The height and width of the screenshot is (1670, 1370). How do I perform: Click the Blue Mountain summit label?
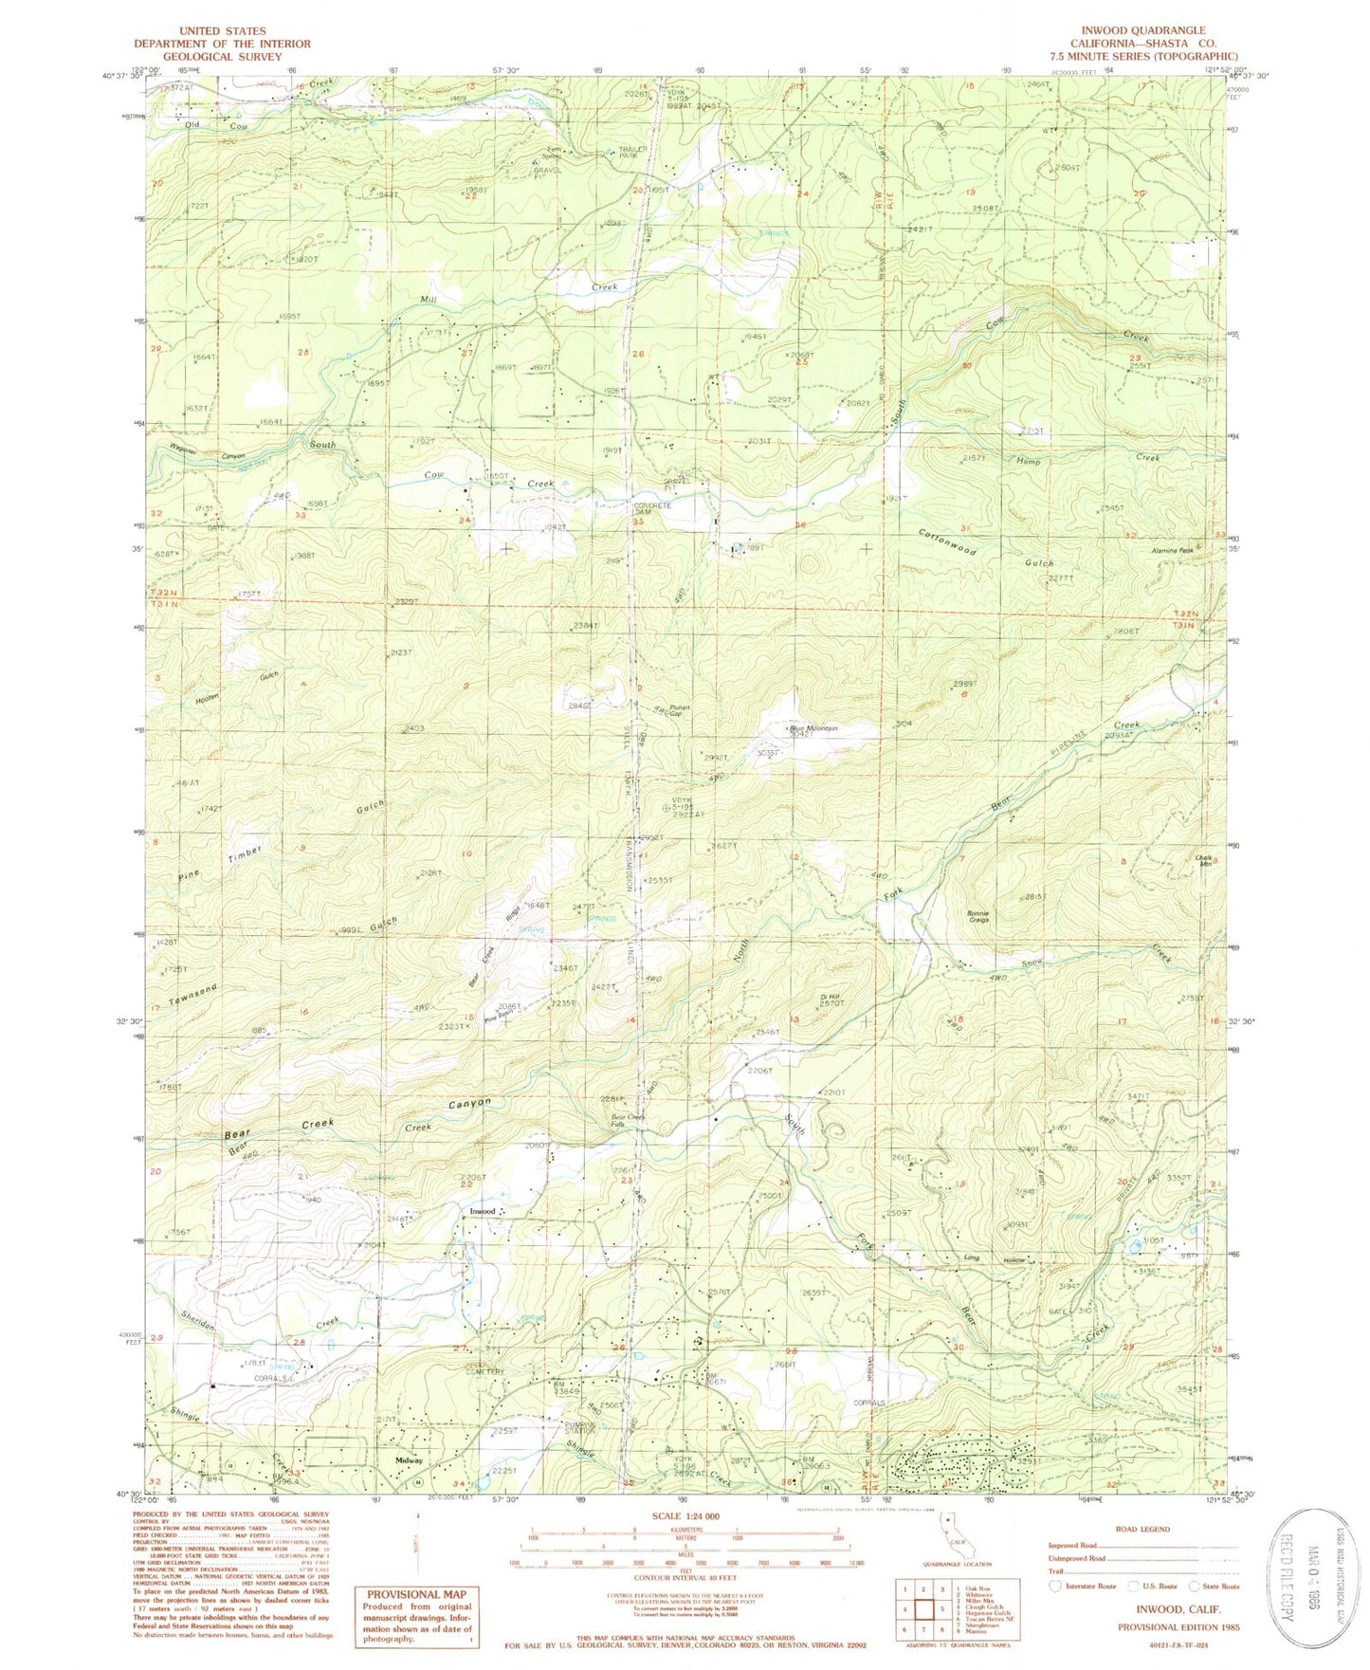click(816, 728)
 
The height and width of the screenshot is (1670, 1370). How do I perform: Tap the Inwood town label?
click(481, 1211)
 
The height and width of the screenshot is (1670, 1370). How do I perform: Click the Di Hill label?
click(830, 997)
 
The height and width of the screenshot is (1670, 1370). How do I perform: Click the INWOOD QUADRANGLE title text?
click(1143, 30)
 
